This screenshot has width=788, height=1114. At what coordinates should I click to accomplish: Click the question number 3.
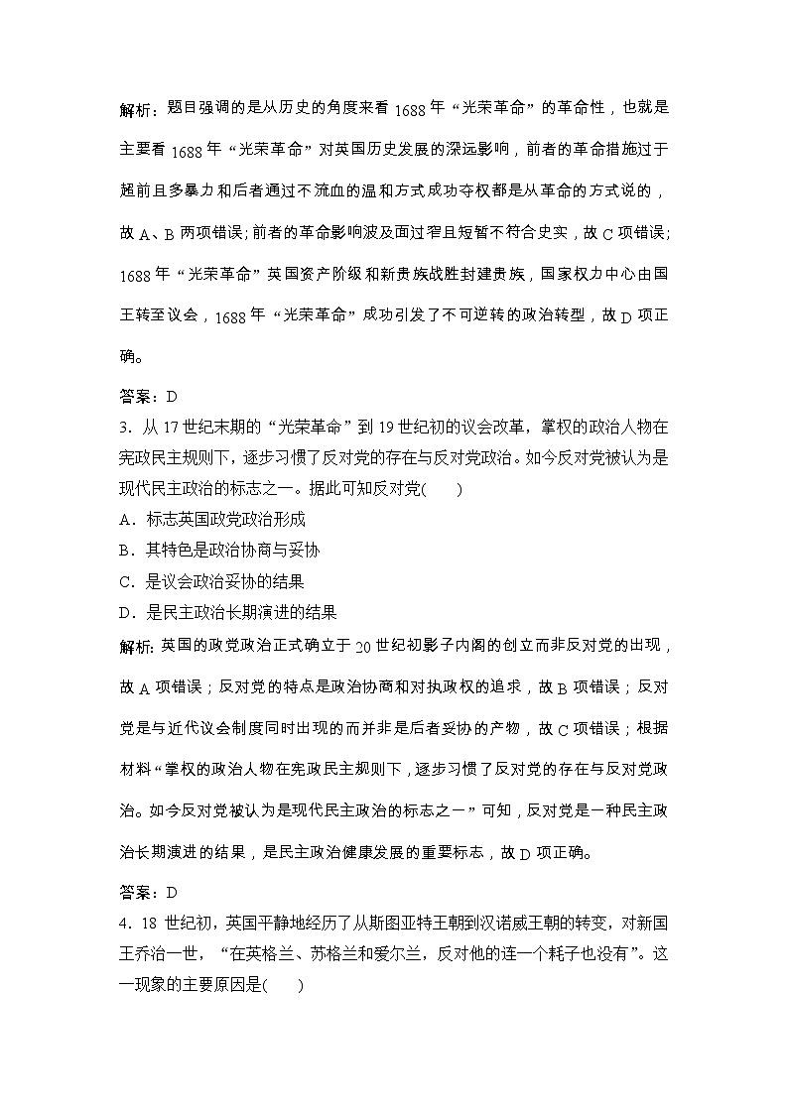point(123,426)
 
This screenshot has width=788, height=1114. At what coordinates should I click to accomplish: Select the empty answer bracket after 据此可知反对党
point(442,488)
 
